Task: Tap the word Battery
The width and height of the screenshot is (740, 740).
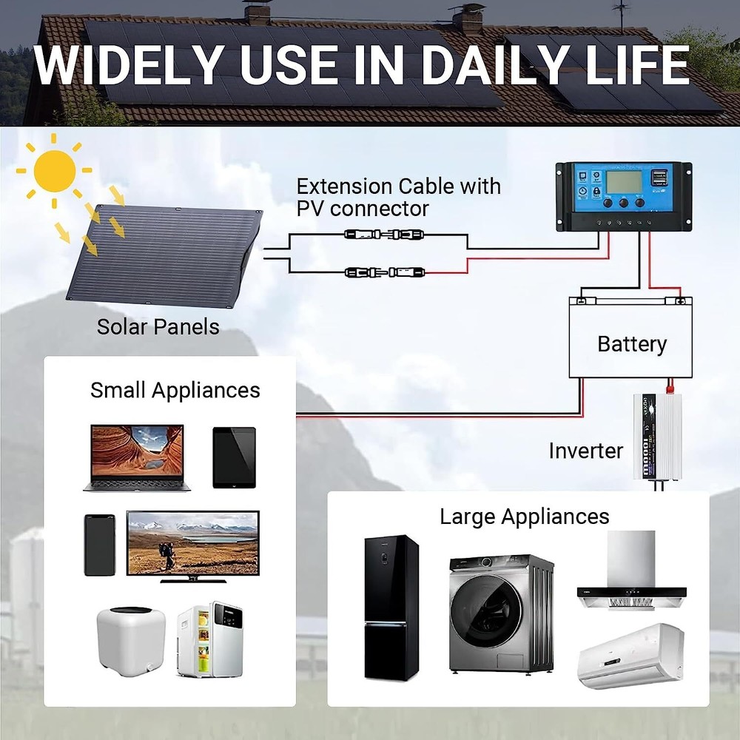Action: tap(631, 344)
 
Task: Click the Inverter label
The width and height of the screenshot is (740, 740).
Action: tap(586, 451)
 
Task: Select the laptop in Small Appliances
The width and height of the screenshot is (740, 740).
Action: tap(137, 457)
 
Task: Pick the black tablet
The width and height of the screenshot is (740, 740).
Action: tap(234, 457)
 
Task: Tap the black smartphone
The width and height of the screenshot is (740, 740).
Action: tap(99, 545)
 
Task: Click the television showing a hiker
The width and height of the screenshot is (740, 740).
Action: tap(192, 544)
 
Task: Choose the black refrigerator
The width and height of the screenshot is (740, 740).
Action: tap(391, 608)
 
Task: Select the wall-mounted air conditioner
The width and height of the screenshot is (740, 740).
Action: tap(630, 656)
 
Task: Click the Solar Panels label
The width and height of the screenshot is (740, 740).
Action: tap(158, 326)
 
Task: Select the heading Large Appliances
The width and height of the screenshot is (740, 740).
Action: tap(524, 517)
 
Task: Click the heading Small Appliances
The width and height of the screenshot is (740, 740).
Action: tap(175, 391)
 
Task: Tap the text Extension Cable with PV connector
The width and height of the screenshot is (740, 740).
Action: tap(398, 197)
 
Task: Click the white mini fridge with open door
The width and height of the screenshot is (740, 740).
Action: tap(209, 640)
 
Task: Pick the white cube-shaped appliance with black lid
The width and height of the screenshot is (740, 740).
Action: tap(129, 639)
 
